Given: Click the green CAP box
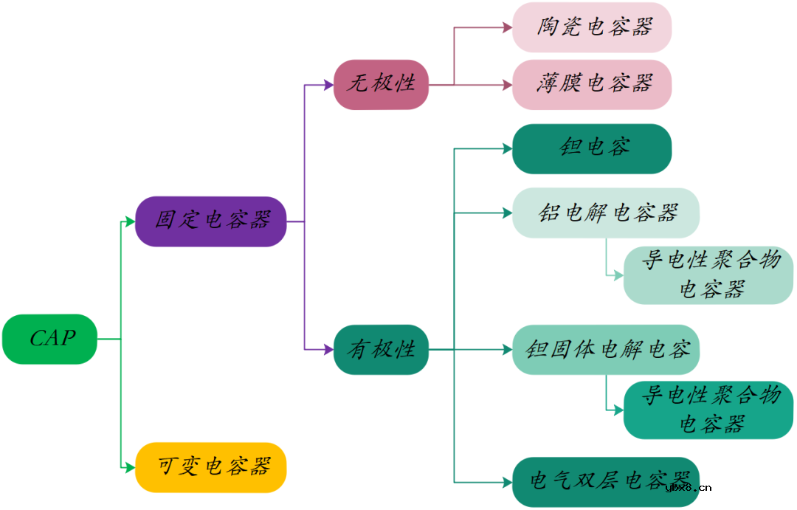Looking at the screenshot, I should [49, 339].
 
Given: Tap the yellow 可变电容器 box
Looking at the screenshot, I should [211, 466].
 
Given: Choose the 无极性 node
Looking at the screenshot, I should [381, 84].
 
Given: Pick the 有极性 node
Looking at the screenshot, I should [381, 349].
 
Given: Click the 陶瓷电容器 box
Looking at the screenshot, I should [592, 27].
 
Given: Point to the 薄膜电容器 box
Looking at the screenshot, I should [592, 84].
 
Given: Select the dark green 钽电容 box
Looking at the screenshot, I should [592, 148].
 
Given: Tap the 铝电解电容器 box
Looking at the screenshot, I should [606, 213].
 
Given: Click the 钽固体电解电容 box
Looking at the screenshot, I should [606, 349].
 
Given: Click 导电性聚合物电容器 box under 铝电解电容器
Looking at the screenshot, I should [708, 275].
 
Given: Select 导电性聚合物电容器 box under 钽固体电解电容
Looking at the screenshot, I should [708, 410].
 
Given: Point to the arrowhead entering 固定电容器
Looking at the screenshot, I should [130, 221].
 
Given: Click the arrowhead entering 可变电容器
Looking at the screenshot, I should [130, 466].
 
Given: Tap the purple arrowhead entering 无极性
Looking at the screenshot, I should [328, 85].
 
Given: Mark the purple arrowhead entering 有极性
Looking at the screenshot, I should [328, 349].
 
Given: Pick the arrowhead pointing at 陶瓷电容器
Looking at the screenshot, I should [507, 27].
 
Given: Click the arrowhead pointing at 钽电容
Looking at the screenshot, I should [507, 148].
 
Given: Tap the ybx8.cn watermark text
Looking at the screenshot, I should [688, 487].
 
